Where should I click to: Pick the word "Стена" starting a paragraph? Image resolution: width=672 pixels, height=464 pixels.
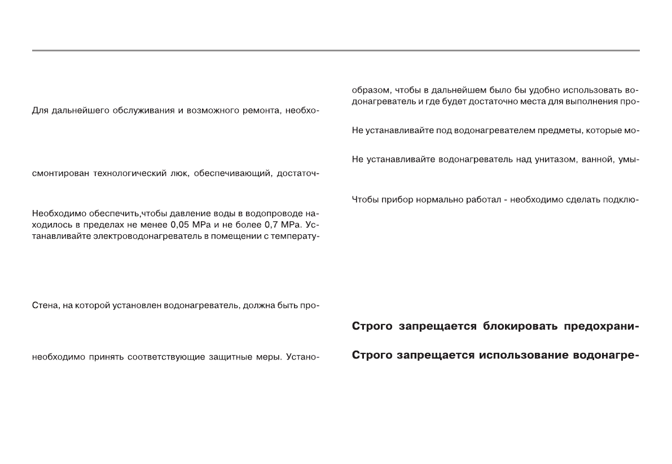point(43,307)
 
